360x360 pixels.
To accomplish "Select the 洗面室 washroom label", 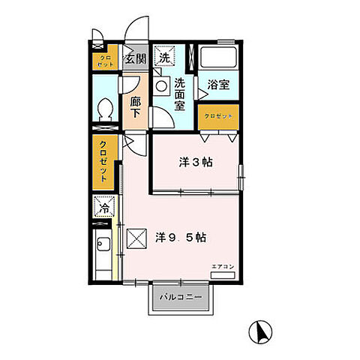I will (x=181, y=94).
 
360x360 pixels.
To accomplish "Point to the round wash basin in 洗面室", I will (x=162, y=87).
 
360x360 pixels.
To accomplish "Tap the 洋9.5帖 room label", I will (x=181, y=237).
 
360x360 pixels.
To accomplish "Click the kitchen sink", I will (x=103, y=244).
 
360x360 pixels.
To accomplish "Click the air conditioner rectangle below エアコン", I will (x=223, y=275).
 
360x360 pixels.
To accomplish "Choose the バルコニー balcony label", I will (x=185, y=298).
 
